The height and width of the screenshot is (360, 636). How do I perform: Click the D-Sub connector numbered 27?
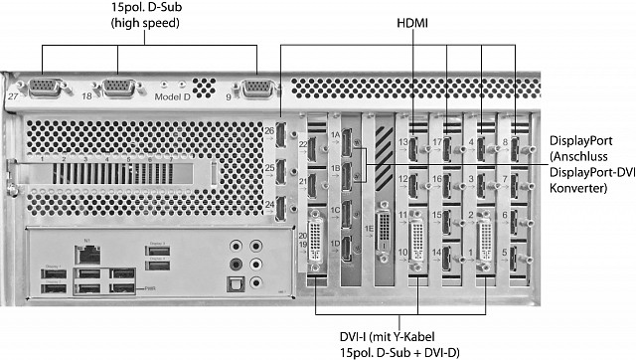click(46, 90)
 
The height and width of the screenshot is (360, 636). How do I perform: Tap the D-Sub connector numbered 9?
click(255, 90)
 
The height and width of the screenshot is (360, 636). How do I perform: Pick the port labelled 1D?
click(348, 245)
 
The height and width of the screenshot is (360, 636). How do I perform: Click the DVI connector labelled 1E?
click(385, 225)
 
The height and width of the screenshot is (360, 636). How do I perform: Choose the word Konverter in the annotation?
click(577, 189)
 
